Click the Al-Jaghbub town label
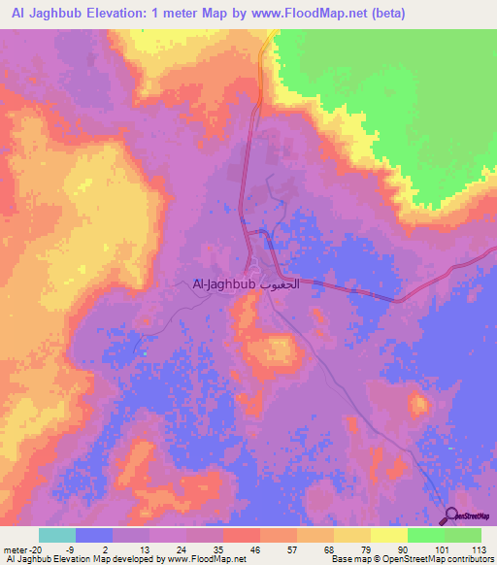(x=223, y=284)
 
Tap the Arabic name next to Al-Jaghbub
(x=280, y=284)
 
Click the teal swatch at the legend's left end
(x=57, y=535)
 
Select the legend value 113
(x=479, y=549)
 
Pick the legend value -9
(x=83, y=549)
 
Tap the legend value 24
(x=156, y=549)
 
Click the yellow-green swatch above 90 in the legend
(x=389, y=535)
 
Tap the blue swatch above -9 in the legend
(x=94, y=535)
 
